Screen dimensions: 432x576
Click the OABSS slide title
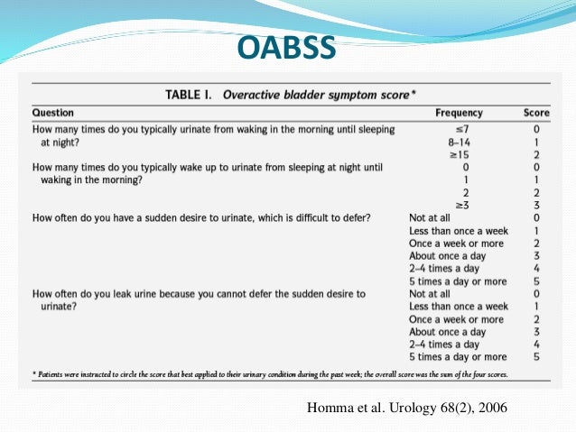coord(287,48)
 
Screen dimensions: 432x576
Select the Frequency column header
coord(459,113)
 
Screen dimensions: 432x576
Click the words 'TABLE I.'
coord(193,93)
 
